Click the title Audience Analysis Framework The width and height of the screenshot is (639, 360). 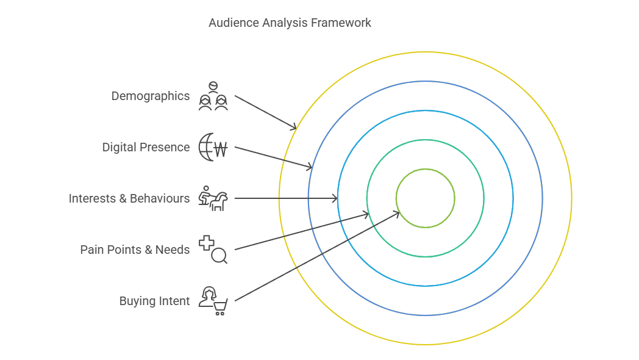click(290, 23)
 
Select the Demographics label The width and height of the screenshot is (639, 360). click(151, 96)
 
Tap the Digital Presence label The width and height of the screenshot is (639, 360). click(146, 148)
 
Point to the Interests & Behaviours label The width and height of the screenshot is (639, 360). click(129, 199)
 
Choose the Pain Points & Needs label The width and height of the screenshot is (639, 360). click(135, 250)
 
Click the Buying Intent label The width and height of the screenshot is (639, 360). click(154, 301)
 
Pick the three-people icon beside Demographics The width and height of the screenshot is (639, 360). click(213, 96)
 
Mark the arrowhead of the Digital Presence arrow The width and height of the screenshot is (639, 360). click(311, 167)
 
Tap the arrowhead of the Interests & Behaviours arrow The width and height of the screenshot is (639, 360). click(336, 198)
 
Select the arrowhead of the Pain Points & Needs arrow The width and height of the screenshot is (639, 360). click(367, 214)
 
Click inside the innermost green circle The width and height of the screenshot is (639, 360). click(426, 198)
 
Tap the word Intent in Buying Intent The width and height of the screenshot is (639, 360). click(175, 301)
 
